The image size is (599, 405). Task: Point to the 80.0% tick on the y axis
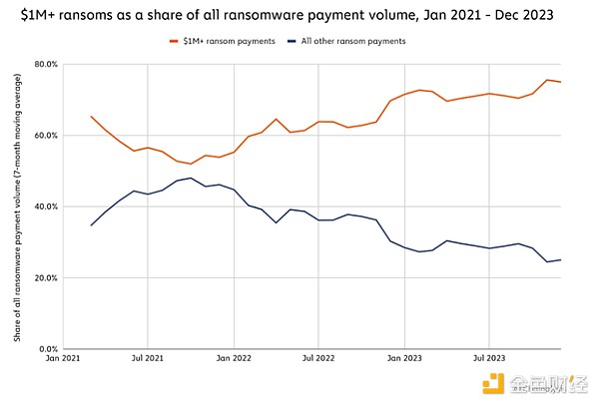(45, 64)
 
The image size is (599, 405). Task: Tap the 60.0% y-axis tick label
(45, 136)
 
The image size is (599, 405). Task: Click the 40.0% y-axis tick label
(45, 206)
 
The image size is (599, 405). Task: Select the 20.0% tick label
(45, 278)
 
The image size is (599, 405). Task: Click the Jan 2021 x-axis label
(62, 357)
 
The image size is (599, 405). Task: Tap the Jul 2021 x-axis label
(147, 357)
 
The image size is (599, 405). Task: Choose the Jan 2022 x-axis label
(233, 357)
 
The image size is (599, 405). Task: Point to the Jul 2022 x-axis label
(317, 357)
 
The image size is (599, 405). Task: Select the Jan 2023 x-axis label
(403, 357)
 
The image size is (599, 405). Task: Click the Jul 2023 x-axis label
(488, 357)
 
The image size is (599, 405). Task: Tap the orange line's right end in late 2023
(560, 82)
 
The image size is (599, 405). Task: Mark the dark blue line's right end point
(560, 260)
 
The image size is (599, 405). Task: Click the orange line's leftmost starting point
(91, 117)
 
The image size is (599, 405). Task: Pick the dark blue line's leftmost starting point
(91, 225)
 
